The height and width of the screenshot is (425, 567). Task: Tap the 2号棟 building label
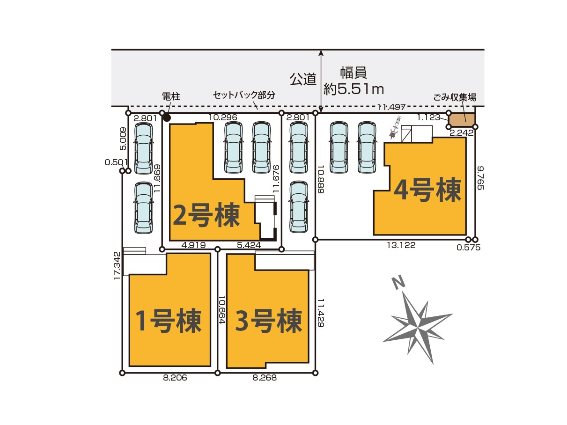206,215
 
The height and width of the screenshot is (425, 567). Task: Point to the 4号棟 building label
427,190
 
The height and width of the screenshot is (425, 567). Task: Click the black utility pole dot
167,118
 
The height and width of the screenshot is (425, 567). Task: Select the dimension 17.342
117,265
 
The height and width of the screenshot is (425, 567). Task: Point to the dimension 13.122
401,245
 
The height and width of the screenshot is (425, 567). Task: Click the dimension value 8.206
175,378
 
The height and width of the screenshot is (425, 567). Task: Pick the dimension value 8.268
265,378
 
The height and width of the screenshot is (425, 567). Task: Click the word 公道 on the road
303,79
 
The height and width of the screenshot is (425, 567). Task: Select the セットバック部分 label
244,95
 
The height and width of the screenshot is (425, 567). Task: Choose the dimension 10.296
223,117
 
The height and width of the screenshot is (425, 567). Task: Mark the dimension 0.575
469,248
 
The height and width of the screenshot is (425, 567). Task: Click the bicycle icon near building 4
394,127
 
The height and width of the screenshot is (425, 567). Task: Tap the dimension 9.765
480,178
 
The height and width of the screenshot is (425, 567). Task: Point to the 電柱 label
171,96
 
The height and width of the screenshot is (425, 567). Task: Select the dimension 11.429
320,313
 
